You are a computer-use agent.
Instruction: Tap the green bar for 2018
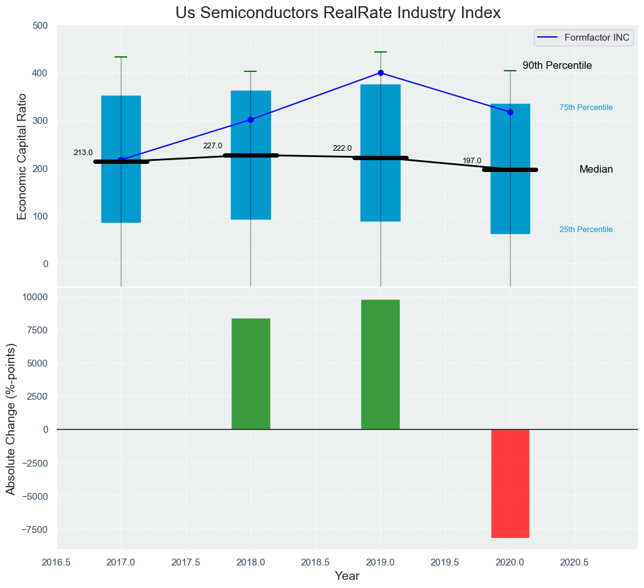[250, 374]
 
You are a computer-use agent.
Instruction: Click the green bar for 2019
[380, 365]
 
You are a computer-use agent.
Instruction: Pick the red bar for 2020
[510, 483]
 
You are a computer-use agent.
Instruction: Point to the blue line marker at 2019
[381, 73]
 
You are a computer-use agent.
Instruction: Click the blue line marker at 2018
[250, 119]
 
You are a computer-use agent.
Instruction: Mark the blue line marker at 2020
[510, 112]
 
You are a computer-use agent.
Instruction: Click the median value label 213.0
[83, 153]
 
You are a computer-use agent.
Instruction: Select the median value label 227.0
[212, 146]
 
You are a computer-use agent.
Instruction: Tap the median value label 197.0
[472, 161]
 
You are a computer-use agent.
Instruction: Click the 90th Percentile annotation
[557, 66]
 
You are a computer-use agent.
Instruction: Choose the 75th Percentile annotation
[586, 108]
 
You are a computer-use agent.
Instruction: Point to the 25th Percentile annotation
[586, 230]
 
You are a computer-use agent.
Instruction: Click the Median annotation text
[596, 170]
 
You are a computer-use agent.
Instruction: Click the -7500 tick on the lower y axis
[36, 529]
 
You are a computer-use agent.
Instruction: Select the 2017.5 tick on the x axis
[186, 562]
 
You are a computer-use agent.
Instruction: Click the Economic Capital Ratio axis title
[22, 156]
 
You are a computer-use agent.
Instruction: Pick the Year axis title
[347, 576]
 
